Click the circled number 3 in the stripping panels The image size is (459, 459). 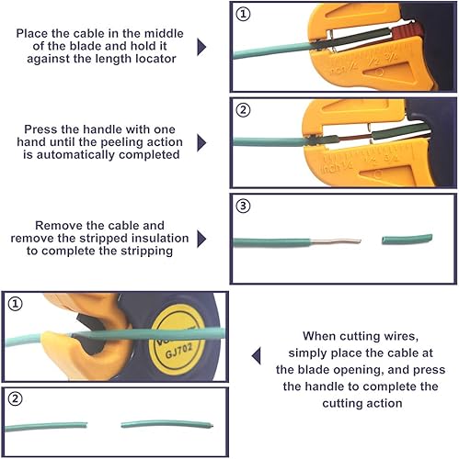pyautogui.click(x=243, y=206)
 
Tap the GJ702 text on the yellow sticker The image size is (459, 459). pyautogui.click(x=178, y=350)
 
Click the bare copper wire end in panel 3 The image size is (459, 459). pyautogui.click(x=336, y=241)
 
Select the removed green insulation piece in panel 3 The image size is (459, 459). pyautogui.click(x=407, y=239)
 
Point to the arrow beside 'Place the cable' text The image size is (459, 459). pyautogui.click(x=201, y=47)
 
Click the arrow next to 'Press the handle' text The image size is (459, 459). pyautogui.click(x=201, y=142)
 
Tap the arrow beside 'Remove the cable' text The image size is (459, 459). pyautogui.click(x=201, y=239)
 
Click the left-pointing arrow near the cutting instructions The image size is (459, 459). pyautogui.click(x=257, y=355)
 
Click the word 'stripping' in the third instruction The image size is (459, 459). pyautogui.click(x=147, y=251)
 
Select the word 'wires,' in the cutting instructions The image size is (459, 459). pyautogui.click(x=401, y=336)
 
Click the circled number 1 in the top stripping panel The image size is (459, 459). pyautogui.click(x=243, y=14)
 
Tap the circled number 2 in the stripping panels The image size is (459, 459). pyautogui.click(x=243, y=110)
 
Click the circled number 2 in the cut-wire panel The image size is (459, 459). pyautogui.click(x=15, y=399)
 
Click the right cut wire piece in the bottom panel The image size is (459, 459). pyautogui.click(x=167, y=424)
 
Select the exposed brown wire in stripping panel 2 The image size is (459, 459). pyautogui.click(x=355, y=139)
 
